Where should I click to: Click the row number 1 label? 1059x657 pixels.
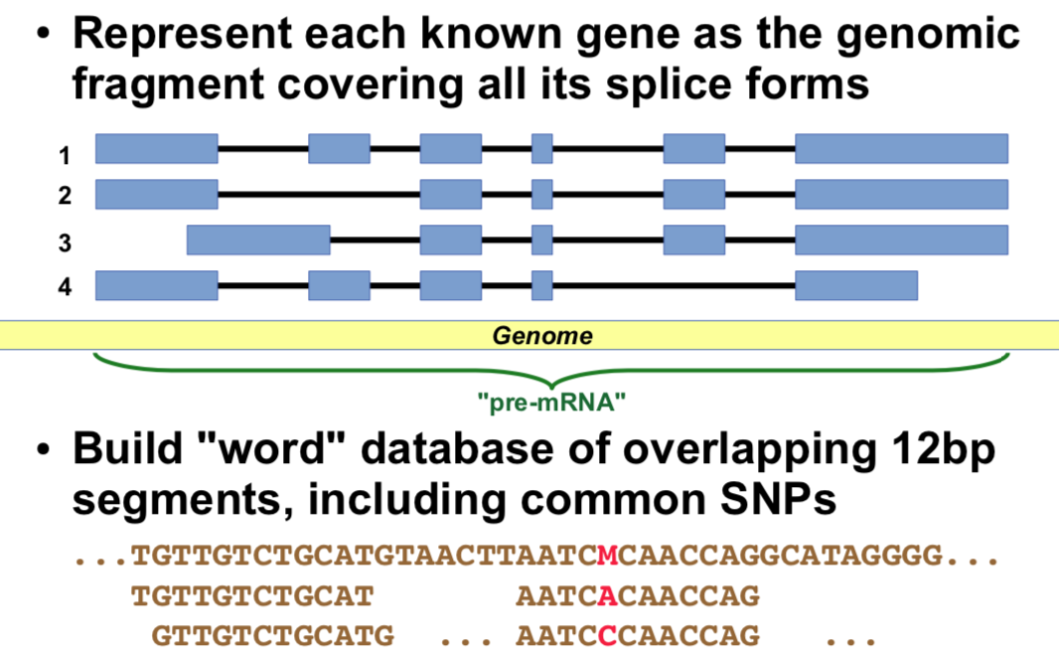pyautogui.click(x=65, y=156)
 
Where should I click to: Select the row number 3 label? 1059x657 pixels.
pyautogui.click(x=65, y=244)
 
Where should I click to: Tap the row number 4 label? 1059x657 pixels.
pyautogui.click(x=65, y=289)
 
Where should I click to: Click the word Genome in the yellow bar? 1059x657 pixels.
pyautogui.click(x=542, y=336)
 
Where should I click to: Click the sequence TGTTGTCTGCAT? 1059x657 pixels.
pyautogui.click(x=252, y=596)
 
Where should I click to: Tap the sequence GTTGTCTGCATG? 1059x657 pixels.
pyautogui.click(x=272, y=634)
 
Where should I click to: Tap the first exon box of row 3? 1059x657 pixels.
pyautogui.click(x=258, y=240)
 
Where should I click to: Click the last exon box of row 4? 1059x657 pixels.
pyautogui.click(x=855, y=285)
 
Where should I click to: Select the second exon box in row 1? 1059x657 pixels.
pyautogui.click(x=339, y=148)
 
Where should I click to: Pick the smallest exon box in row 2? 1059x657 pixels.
pyautogui.click(x=542, y=194)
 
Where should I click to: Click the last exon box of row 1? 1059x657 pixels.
pyautogui.click(x=901, y=148)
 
